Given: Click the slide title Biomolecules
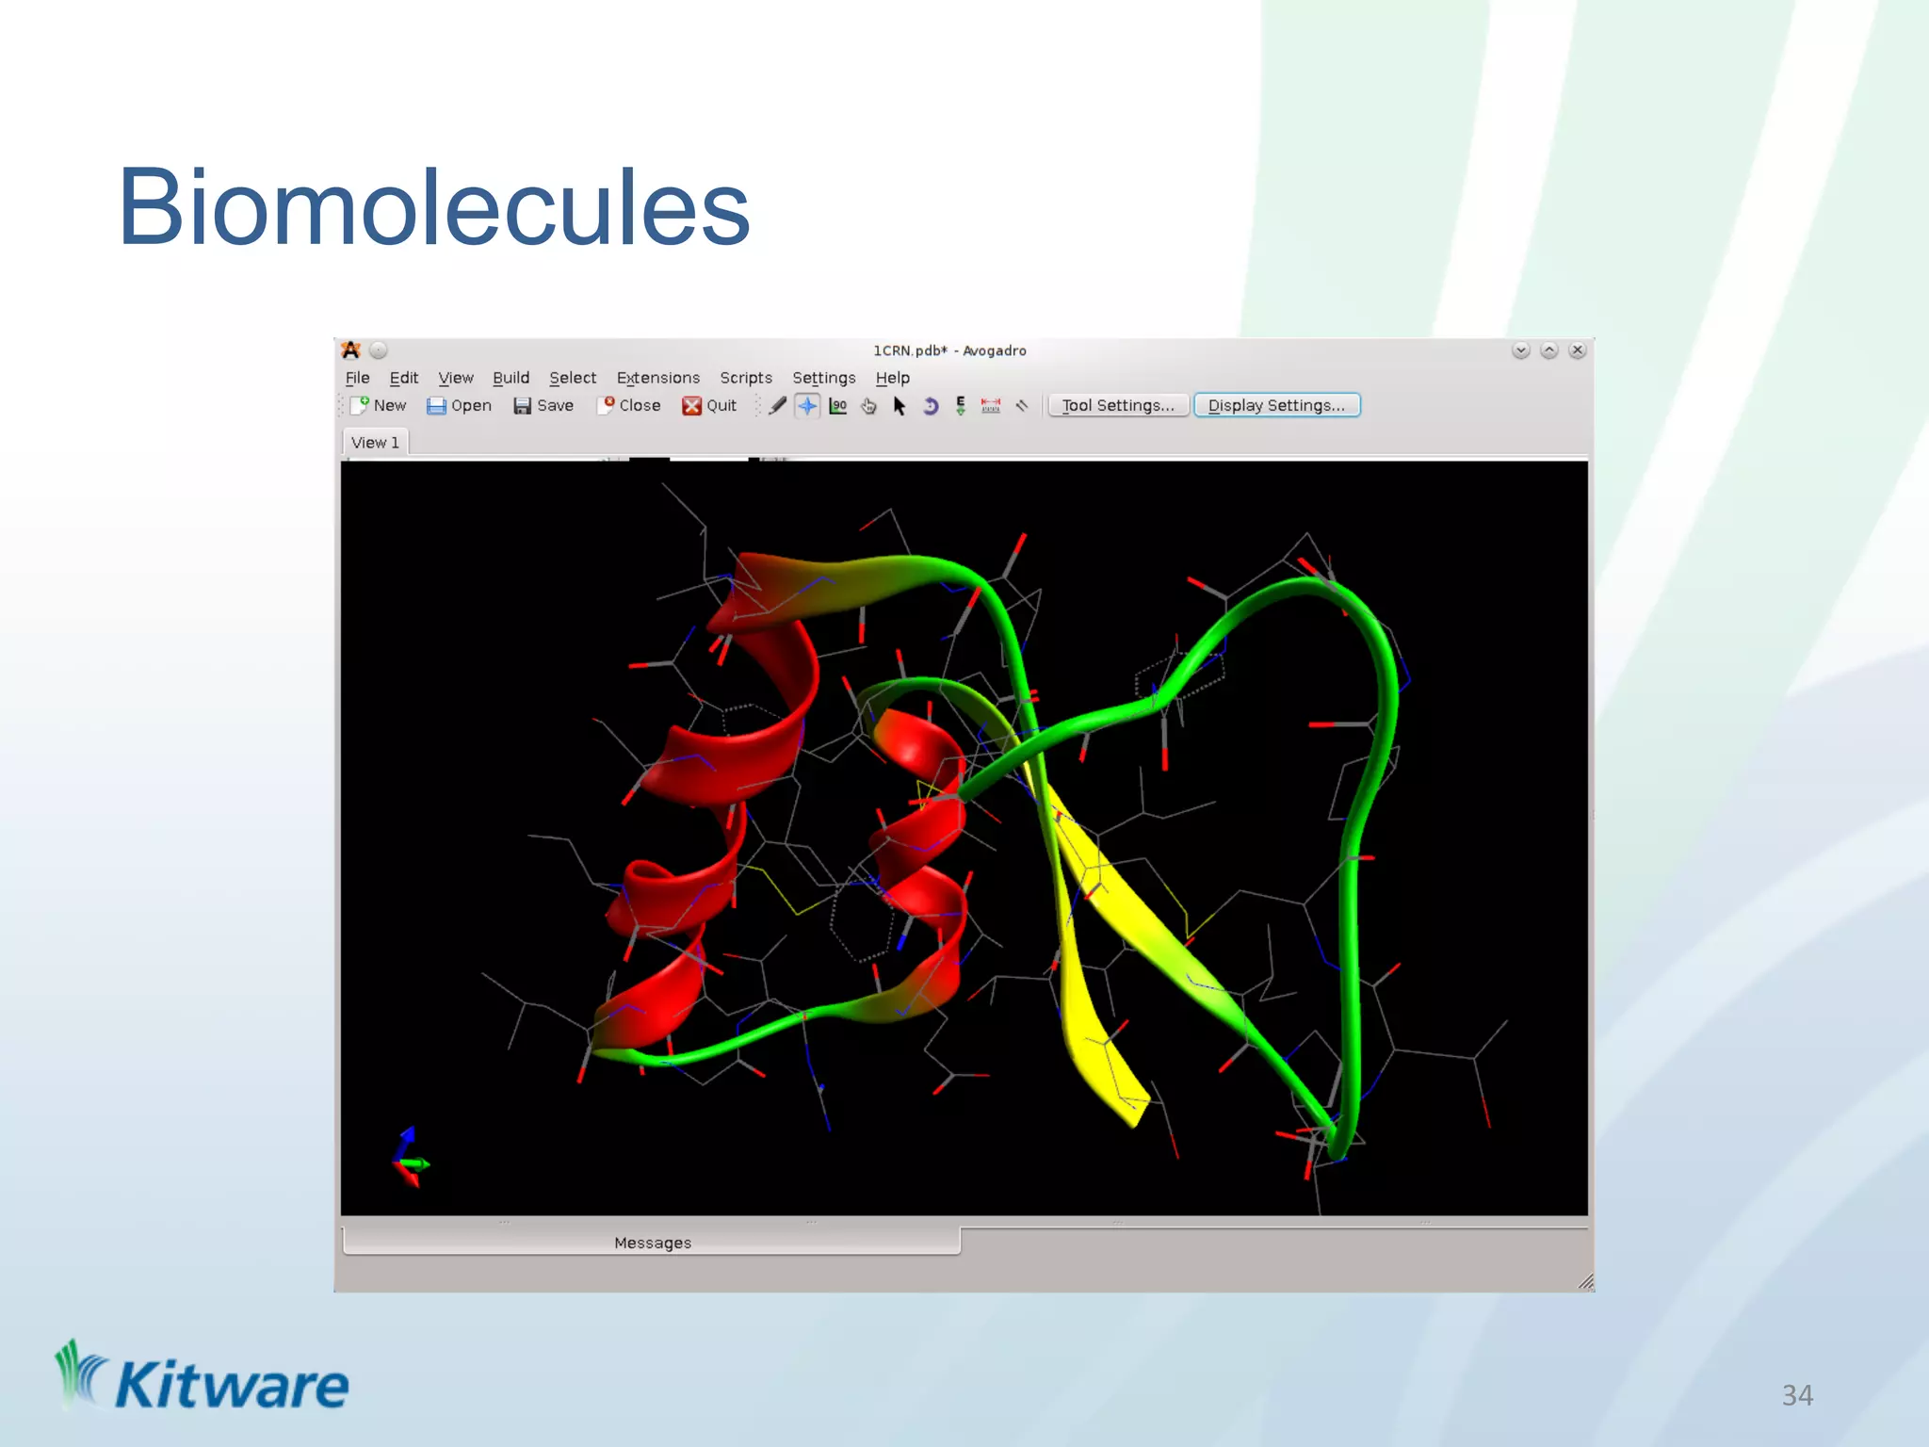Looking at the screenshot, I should pyautogui.click(x=433, y=207).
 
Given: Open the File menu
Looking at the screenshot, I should pyautogui.click(x=357, y=378).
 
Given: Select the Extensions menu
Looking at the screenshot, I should pyautogui.click(x=657, y=378).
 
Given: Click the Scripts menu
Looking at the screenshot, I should pyautogui.click(x=745, y=378).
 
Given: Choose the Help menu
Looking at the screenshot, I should pyautogui.click(x=892, y=378).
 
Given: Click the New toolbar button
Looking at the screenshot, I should pyautogui.click(x=379, y=405).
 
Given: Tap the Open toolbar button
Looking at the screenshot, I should pyautogui.click(x=460, y=405).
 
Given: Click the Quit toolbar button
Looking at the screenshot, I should pyautogui.click(x=709, y=405).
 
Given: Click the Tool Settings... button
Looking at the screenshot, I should pyautogui.click(x=1117, y=405).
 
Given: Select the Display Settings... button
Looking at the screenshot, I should pyautogui.click(x=1276, y=405).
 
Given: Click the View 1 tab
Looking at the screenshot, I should pyautogui.click(x=375, y=443).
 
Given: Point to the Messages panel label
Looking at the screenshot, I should pyautogui.click(x=652, y=1243).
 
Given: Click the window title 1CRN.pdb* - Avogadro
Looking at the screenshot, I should pyautogui.click(x=949, y=350).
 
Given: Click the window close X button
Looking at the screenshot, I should pyautogui.click(x=1578, y=350).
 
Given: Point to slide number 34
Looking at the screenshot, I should pyautogui.click(x=1797, y=1395).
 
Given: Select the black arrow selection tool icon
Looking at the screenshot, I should pyautogui.click(x=900, y=406).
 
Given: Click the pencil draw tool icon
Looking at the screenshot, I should pyautogui.click(x=777, y=406).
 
